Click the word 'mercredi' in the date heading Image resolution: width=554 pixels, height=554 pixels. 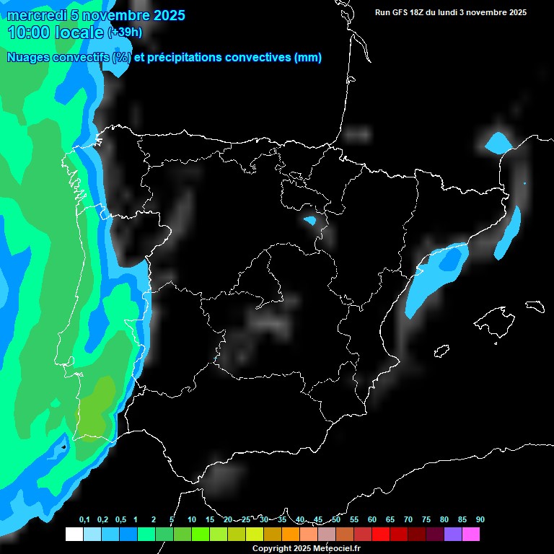37,16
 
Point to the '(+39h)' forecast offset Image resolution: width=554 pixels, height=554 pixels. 125,32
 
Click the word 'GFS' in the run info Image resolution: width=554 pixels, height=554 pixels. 400,12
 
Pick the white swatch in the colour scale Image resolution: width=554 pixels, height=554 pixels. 74,534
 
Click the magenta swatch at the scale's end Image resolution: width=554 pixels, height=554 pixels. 471,534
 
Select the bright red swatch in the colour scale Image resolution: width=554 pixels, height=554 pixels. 381,534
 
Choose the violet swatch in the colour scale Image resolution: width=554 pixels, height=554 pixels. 453,534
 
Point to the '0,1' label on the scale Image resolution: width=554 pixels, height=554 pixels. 84,520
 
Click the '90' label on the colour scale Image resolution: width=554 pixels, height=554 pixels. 480,520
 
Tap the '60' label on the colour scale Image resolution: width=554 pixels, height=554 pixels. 372,520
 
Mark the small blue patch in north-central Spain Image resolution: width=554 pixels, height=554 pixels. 311,220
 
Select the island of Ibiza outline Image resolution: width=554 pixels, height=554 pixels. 441,351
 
